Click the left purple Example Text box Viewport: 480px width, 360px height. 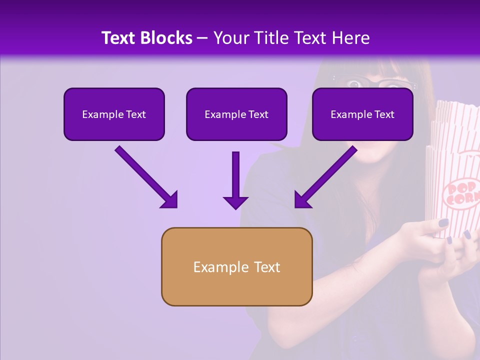[114, 114]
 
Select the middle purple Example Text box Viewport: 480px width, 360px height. [236, 114]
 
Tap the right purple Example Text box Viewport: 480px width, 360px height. [362, 114]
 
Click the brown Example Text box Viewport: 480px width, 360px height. [236, 266]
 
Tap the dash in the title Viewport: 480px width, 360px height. [202, 38]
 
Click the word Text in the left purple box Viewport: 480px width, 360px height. [135, 114]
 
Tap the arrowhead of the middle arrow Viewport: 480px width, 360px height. [235, 201]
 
